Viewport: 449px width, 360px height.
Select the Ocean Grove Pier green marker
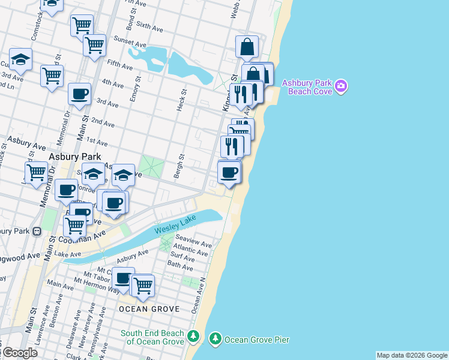[215, 340]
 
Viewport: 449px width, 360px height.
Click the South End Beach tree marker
[193, 336]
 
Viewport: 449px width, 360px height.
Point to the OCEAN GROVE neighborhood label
[149, 308]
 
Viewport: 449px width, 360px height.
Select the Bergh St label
[178, 162]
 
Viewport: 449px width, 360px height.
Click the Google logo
[19, 353]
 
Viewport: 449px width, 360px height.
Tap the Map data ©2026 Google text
[412, 355]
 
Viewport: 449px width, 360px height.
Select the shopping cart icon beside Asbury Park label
[37, 172]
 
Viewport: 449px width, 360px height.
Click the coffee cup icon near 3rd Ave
[79, 94]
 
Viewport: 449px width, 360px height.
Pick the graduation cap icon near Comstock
[21, 59]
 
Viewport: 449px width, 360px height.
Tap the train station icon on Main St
[36, 231]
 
